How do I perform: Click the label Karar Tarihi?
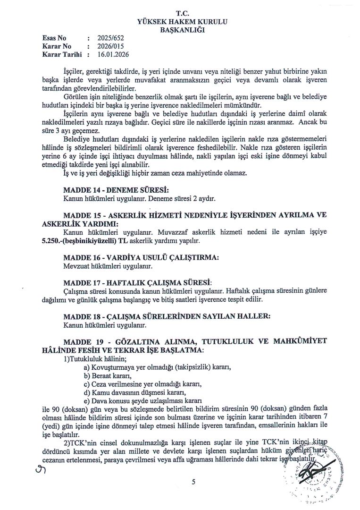pyautogui.click(x=62, y=55)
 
